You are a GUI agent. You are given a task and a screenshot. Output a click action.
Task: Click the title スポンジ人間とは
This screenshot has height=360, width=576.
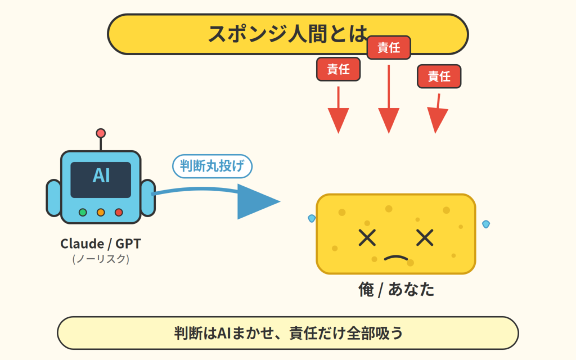coord(287,34)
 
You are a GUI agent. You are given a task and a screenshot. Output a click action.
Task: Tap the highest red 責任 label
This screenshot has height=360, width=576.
coord(389,48)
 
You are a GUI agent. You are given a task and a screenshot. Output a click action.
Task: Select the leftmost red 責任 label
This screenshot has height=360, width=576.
coord(338,69)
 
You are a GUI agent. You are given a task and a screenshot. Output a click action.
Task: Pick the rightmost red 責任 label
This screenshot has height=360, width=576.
coord(439,76)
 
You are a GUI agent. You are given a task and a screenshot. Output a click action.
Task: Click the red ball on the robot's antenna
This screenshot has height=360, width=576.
coord(101,133)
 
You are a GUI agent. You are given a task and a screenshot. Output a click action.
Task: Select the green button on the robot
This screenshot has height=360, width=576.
coord(83,212)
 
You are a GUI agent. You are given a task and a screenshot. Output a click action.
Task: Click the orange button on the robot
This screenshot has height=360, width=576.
coord(101,212)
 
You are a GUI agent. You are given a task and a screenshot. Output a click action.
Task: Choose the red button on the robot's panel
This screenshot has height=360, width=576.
coord(119,212)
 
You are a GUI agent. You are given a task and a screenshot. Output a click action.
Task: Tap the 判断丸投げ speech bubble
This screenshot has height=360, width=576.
coord(212,166)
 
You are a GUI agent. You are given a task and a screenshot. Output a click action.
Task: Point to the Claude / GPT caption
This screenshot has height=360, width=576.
coord(101,244)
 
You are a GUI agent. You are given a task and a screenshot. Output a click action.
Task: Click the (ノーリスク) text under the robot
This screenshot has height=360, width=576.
coord(101,259)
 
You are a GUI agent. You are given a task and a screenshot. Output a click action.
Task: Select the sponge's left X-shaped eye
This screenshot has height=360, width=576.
coord(367,238)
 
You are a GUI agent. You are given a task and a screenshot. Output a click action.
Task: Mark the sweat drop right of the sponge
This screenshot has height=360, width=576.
coord(486,224)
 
